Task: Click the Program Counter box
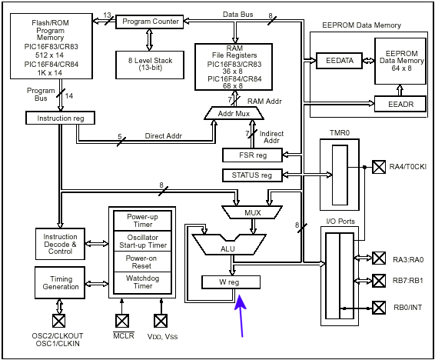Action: click(149, 22)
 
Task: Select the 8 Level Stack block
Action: click(150, 65)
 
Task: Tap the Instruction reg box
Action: click(60, 118)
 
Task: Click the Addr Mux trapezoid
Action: click(234, 113)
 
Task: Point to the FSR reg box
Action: click(252, 155)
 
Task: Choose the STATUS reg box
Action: click(252, 175)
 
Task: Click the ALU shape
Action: click(229, 245)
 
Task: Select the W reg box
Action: click(231, 282)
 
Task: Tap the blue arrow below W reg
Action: click(241, 316)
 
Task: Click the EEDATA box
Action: click(339, 61)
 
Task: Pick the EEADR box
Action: click(400, 104)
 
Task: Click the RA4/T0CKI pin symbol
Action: click(379, 167)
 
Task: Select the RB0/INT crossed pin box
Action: click(379, 308)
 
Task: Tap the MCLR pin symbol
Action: click(122, 321)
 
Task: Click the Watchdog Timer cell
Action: click(143, 282)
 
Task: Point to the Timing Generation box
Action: click(60, 283)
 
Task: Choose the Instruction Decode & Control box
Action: click(60, 244)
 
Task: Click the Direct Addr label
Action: click(164, 136)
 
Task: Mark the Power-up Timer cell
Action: click(143, 221)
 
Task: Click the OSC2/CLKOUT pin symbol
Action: click(59, 321)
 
